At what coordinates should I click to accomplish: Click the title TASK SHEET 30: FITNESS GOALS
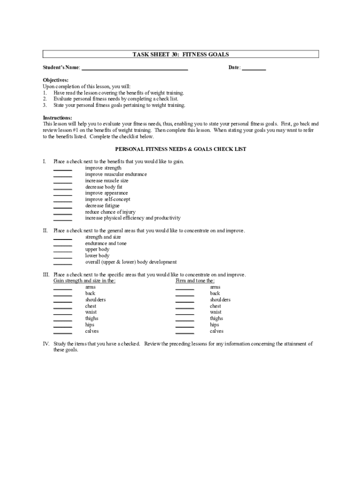click(180, 54)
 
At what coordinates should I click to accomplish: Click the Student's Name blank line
click(135, 69)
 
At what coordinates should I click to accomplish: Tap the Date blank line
click(254, 69)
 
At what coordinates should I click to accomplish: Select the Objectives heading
click(56, 80)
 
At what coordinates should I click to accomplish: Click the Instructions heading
click(58, 118)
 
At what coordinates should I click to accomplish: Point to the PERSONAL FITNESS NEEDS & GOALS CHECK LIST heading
click(180, 149)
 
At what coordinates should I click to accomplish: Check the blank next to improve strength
click(63, 170)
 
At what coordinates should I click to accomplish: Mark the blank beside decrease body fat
click(63, 188)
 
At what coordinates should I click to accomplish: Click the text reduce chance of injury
click(110, 212)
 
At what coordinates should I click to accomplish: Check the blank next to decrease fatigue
click(63, 207)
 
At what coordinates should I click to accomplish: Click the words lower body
click(97, 256)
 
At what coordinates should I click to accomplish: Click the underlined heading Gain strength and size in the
click(84, 281)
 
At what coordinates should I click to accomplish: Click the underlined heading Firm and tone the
click(195, 281)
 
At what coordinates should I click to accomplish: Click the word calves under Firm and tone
click(217, 331)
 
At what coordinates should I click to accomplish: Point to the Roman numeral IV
click(46, 344)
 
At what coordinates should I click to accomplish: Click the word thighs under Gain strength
click(92, 318)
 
